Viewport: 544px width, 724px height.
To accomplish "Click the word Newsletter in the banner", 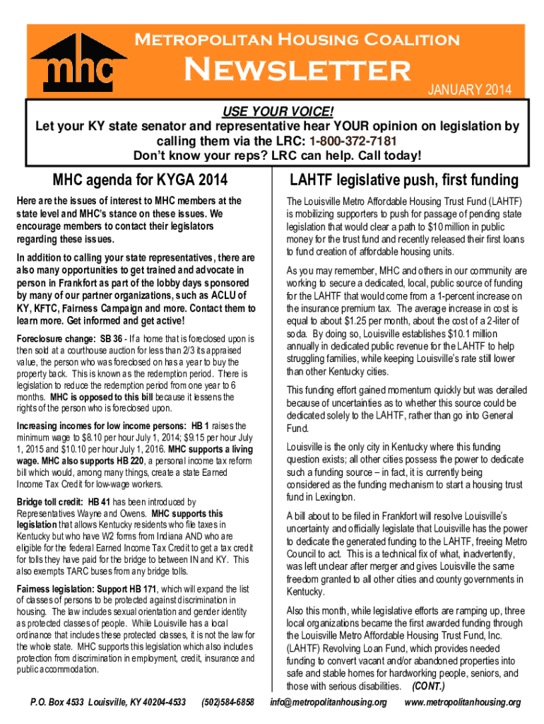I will (x=297, y=70).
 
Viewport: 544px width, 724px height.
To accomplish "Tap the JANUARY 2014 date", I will (x=470, y=89).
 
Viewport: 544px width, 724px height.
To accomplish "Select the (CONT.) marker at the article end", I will (x=430, y=687).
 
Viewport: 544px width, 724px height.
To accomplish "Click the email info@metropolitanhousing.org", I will (x=329, y=702).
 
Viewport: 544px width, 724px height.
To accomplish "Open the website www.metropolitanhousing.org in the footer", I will (x=462, y=702).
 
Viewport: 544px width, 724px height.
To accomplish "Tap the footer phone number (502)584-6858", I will (x=227, y=702).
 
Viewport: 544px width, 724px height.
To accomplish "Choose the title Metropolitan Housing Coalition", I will (x=297, y=40).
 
